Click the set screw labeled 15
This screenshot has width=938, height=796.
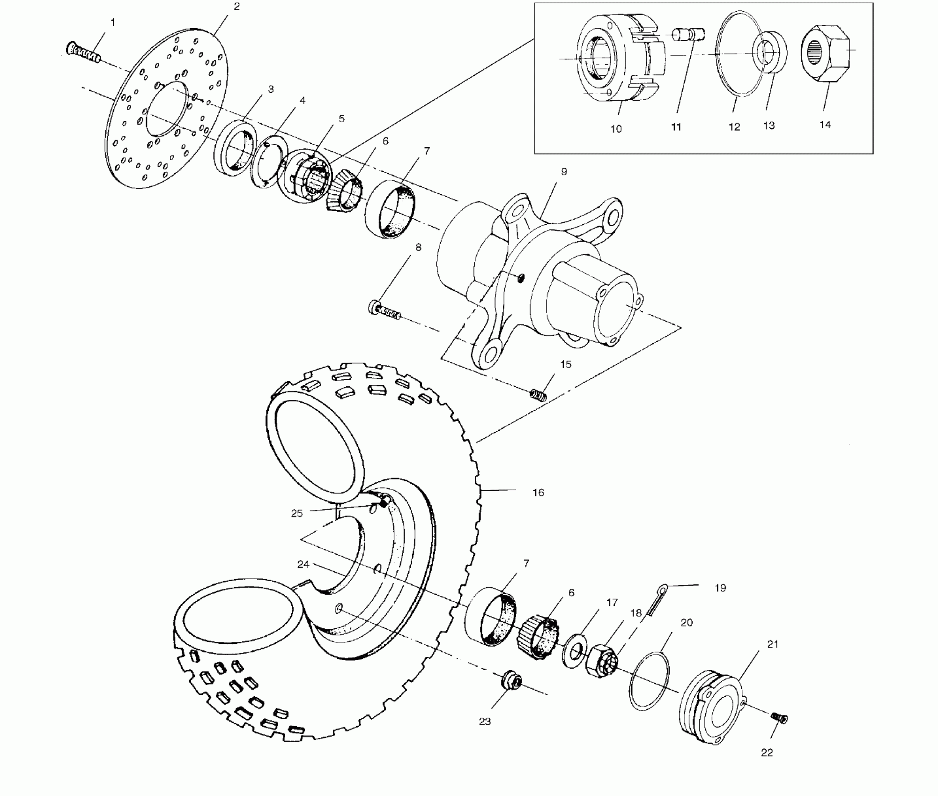539,396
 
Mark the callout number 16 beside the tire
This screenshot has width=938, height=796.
538,493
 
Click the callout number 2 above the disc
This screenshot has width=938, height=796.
236,7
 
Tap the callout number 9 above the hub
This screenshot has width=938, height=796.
564,172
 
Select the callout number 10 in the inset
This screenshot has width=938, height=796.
616,129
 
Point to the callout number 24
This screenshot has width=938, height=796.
303,565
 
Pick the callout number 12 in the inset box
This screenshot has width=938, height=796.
734,127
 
